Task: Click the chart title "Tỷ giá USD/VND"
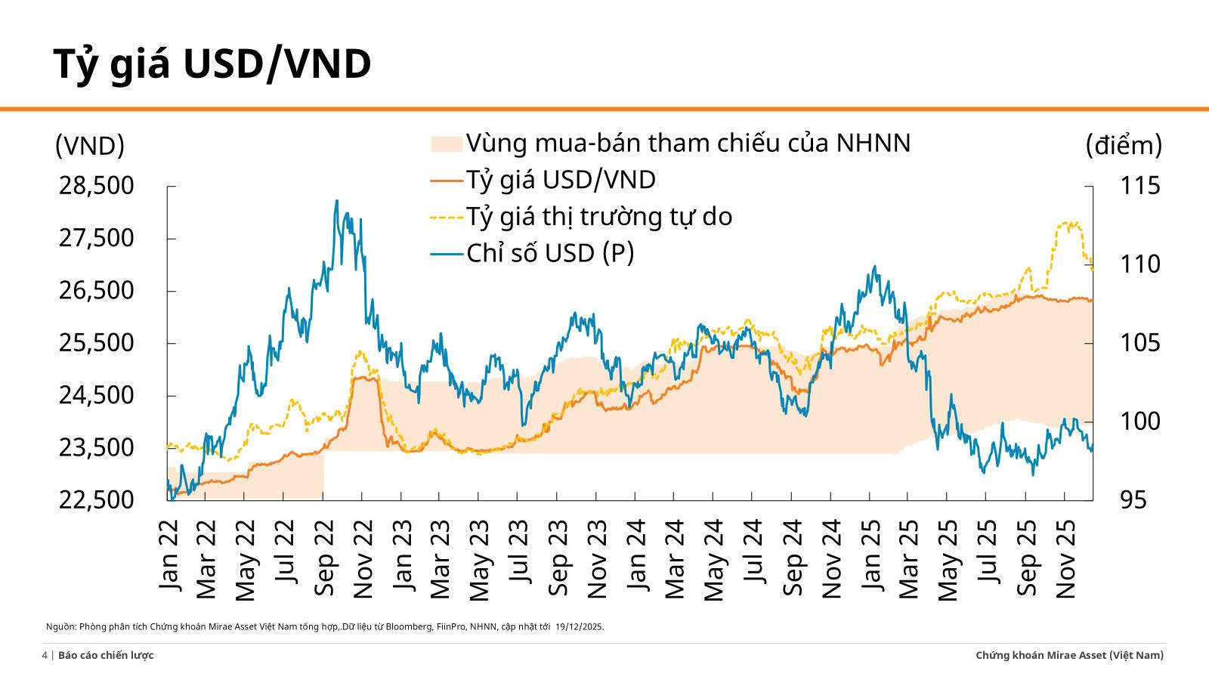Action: [212, 64]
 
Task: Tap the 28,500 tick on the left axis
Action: [96, 186]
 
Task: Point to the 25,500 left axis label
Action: [96, 343]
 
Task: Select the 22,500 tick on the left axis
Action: [96, 500]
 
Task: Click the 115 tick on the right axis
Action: [1140, 186]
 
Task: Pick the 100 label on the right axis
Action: [1140, 422]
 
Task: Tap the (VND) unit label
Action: [89, 146]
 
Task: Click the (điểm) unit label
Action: [1124, 145]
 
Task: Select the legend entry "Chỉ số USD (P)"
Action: [549, 253]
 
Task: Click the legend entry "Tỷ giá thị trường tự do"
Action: [598, 217]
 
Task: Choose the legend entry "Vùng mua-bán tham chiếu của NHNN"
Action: [688, 143]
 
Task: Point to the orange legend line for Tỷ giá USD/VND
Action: [446, 181]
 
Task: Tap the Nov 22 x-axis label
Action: [363, 559]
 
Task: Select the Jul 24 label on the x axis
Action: [753, 552]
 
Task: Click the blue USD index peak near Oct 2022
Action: [336, 201]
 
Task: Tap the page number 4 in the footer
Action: [45, 656]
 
